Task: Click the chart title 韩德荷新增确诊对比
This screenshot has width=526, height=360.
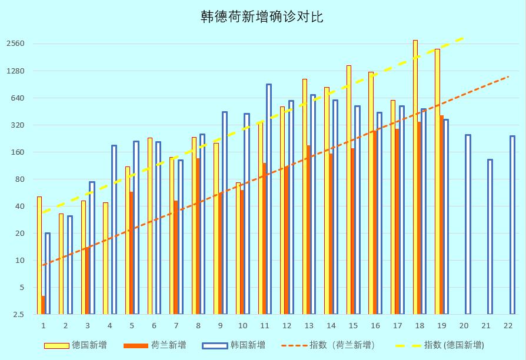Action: (x=262, y=17)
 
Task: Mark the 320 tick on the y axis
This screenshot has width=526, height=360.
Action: (x=18, y=125)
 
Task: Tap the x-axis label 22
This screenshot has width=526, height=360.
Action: (x=508, y=325)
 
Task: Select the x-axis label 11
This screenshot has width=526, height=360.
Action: (x=264, y=325)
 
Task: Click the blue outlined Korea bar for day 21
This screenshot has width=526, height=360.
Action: (x=490, y=236)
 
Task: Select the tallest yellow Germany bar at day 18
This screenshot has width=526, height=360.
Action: (x=415, y=176)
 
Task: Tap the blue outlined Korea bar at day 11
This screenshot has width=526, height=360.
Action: (x=269, y=199)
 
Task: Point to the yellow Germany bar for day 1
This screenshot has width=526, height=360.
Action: (x=39, y=255)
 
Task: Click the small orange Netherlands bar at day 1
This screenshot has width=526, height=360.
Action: (x=44, y=305)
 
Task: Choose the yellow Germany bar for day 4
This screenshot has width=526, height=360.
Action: (x=105, y=258)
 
